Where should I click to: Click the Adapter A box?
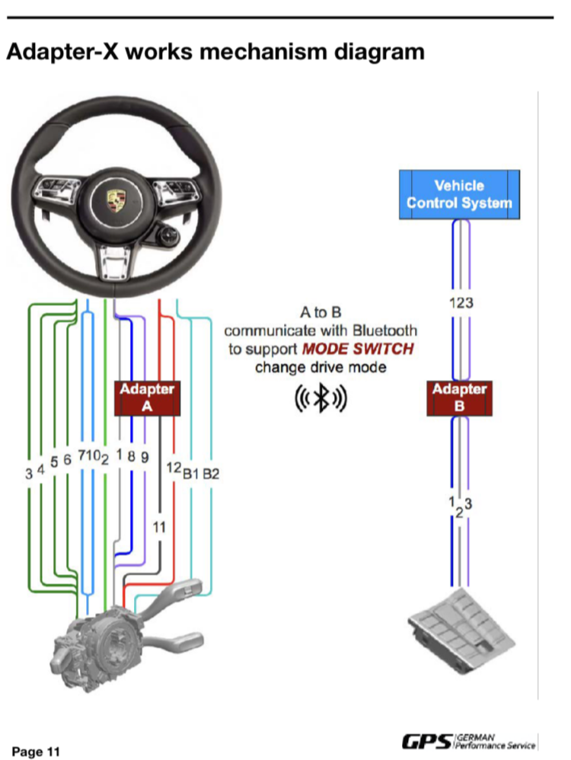pyautogui.click(x=147, y=398)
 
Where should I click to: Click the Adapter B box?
pyautogui.click(x=459, y=398)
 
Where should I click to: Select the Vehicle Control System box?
pyautogui.click(x=459, y=194)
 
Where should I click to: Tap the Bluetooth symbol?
pyautogui.click(x=321, y=400)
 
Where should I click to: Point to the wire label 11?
pyautogui.click(x=159, y=527)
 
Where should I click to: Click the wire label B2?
pyautogui.click(x=211, y=474)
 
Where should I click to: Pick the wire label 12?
pyautogui.click(x=173, y=466)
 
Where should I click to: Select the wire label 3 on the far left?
pyautogui.click(x=28, y=474)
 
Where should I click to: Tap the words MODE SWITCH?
pyautogui.click(x=359, y=350)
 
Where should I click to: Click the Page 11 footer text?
pyautogui.click(x=36, y=752)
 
